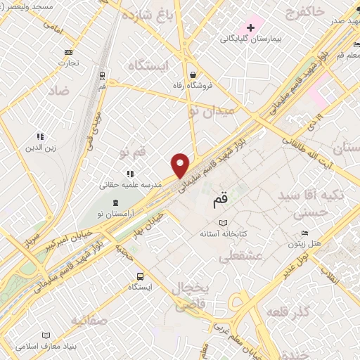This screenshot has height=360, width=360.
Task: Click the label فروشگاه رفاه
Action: click(x=193, y=86)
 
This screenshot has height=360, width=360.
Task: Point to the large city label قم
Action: click(x=220, y=200)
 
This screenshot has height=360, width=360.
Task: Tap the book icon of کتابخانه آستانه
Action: click(x=223, y=223)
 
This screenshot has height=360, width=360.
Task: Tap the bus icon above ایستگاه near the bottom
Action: click(x=140, y=276)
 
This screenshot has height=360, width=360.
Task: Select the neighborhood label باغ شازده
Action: click(x=147, y=13)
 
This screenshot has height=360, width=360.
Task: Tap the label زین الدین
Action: click(x=40, y=148)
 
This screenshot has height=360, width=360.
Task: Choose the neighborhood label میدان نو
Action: click(x=219, y=111)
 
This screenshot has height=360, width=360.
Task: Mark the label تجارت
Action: click(x=68, y=63)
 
